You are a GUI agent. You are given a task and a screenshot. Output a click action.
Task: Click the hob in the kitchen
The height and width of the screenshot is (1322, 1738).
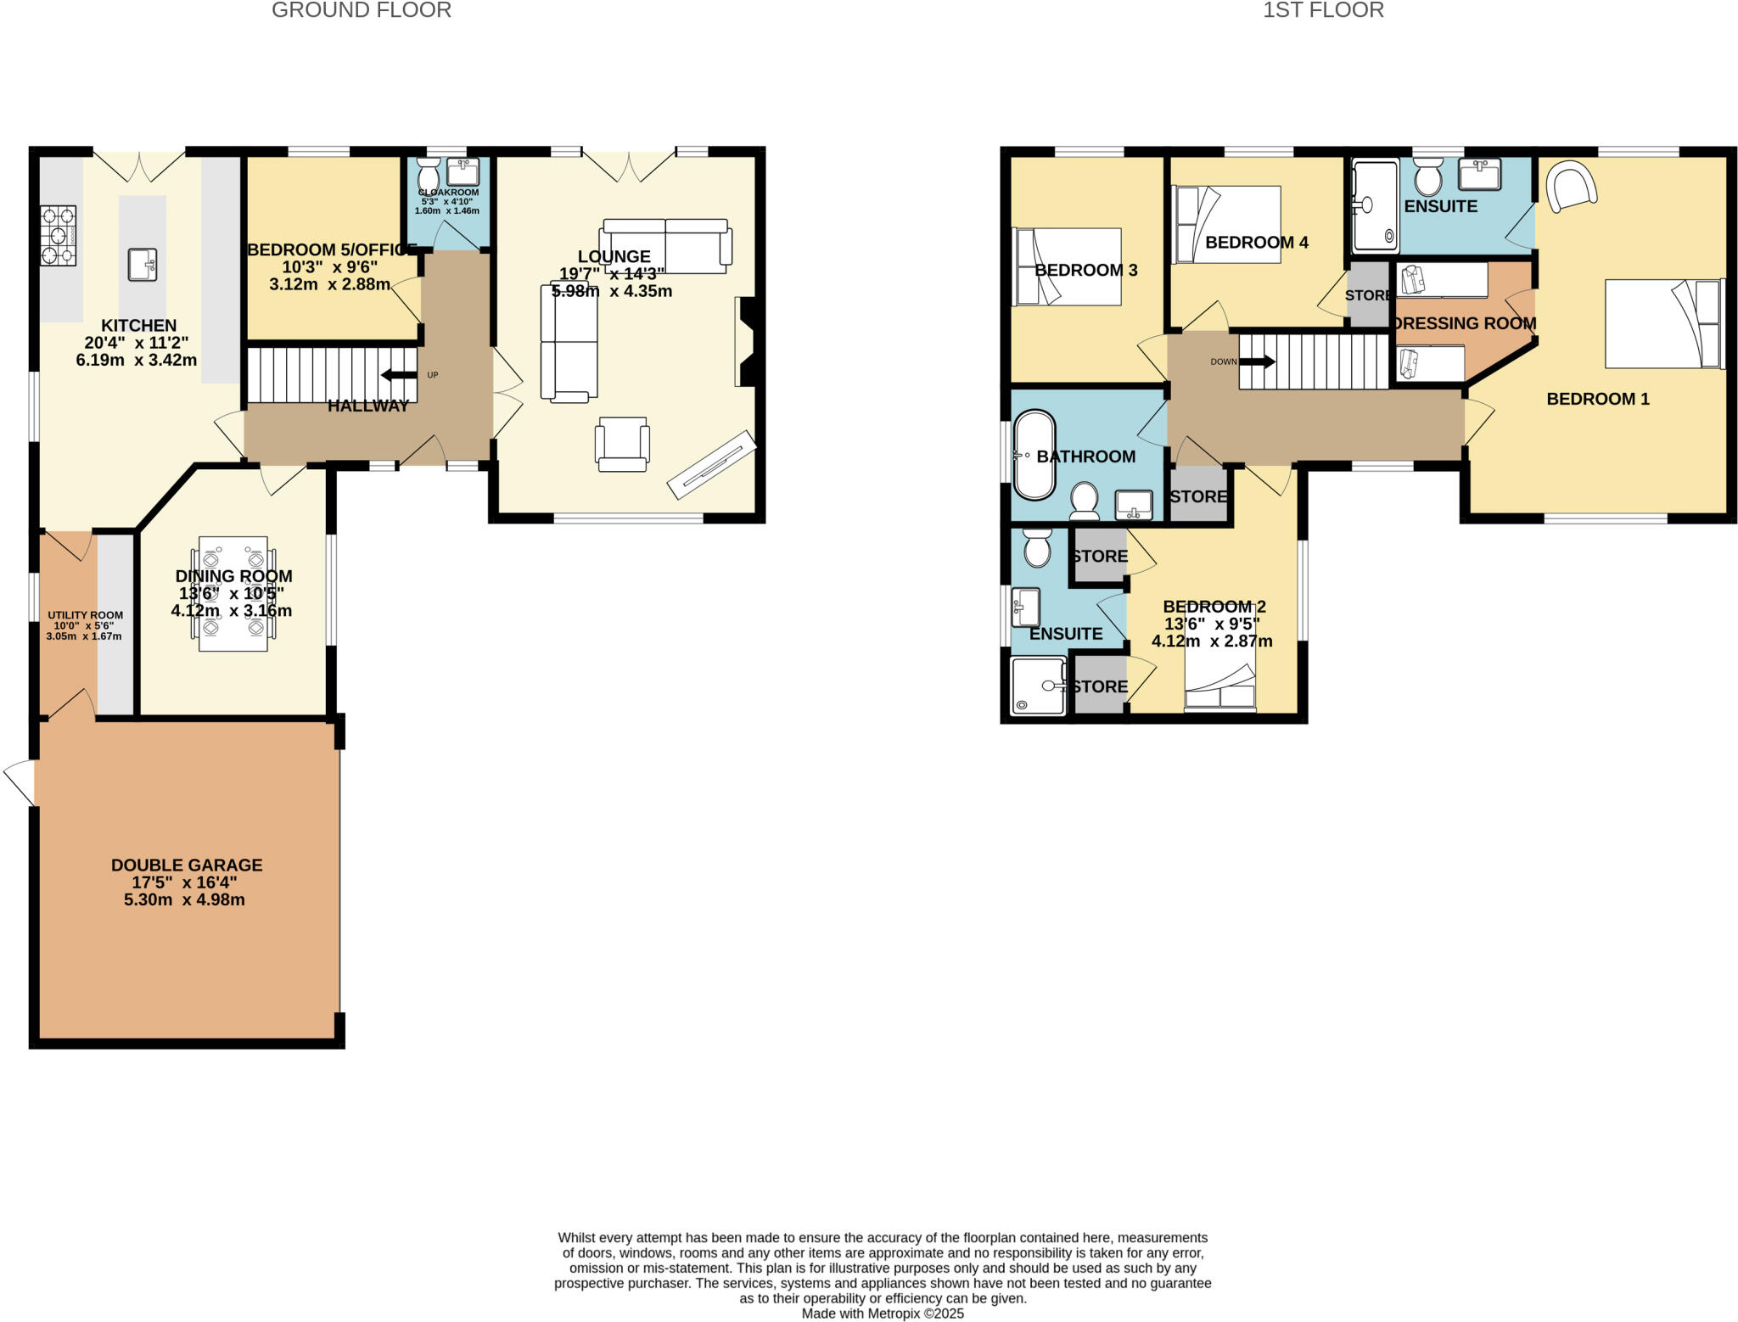click(58, 235)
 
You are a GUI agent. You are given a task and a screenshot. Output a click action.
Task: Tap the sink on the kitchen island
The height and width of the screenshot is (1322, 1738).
click(143, 264)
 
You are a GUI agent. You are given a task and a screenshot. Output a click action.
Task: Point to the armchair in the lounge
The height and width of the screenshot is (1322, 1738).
click(622, 444)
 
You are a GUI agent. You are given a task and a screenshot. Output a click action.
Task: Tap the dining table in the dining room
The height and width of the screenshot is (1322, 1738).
click(233, 593)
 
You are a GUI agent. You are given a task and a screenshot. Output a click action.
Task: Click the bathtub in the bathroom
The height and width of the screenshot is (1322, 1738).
click(1034, 456)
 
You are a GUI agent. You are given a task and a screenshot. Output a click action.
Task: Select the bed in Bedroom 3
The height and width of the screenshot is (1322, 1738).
click(1068, 266)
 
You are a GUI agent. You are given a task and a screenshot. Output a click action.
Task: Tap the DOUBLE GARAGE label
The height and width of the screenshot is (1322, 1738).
click(187, 865)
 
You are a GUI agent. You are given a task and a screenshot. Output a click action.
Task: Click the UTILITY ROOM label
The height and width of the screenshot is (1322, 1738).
click(85, 615)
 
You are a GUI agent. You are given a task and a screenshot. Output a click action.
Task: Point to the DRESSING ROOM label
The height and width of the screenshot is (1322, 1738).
click(1465, 323)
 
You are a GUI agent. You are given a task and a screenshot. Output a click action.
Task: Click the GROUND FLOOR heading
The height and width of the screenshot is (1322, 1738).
click(361, 10)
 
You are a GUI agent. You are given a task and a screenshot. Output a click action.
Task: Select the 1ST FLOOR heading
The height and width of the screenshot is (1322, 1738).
click(1322, 10)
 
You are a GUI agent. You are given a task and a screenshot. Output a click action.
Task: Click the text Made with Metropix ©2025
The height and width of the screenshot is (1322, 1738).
click(883, 1313)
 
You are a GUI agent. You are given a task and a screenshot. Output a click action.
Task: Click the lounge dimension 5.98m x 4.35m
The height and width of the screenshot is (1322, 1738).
click(611, 291)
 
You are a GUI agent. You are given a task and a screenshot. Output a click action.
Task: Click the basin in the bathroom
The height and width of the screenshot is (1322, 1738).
click(1134, 504)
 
